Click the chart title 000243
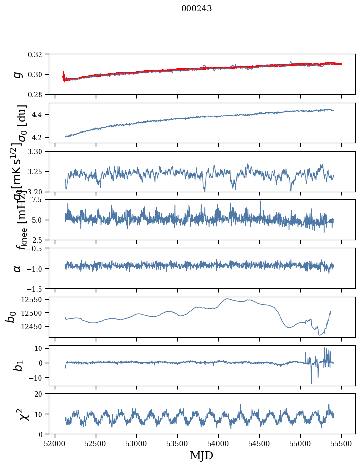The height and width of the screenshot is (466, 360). pos(197,9)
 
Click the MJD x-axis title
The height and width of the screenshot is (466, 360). pos(201,455)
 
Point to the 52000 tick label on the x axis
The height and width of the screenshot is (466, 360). pos(55,443)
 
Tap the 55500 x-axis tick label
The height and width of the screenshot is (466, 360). pos(342,443)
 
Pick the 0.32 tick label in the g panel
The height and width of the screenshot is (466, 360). pos(39,54)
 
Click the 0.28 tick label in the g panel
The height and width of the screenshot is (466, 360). pos(39,94)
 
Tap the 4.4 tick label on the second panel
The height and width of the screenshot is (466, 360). pos(41,115)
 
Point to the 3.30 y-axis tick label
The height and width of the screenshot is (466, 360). pos(39,151)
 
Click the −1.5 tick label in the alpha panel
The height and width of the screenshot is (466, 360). pos(38,288)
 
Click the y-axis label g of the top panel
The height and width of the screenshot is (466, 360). pos(18,74)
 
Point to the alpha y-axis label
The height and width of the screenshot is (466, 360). pos(18,268)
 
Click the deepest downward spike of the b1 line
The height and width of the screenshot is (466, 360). pos(311,383)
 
